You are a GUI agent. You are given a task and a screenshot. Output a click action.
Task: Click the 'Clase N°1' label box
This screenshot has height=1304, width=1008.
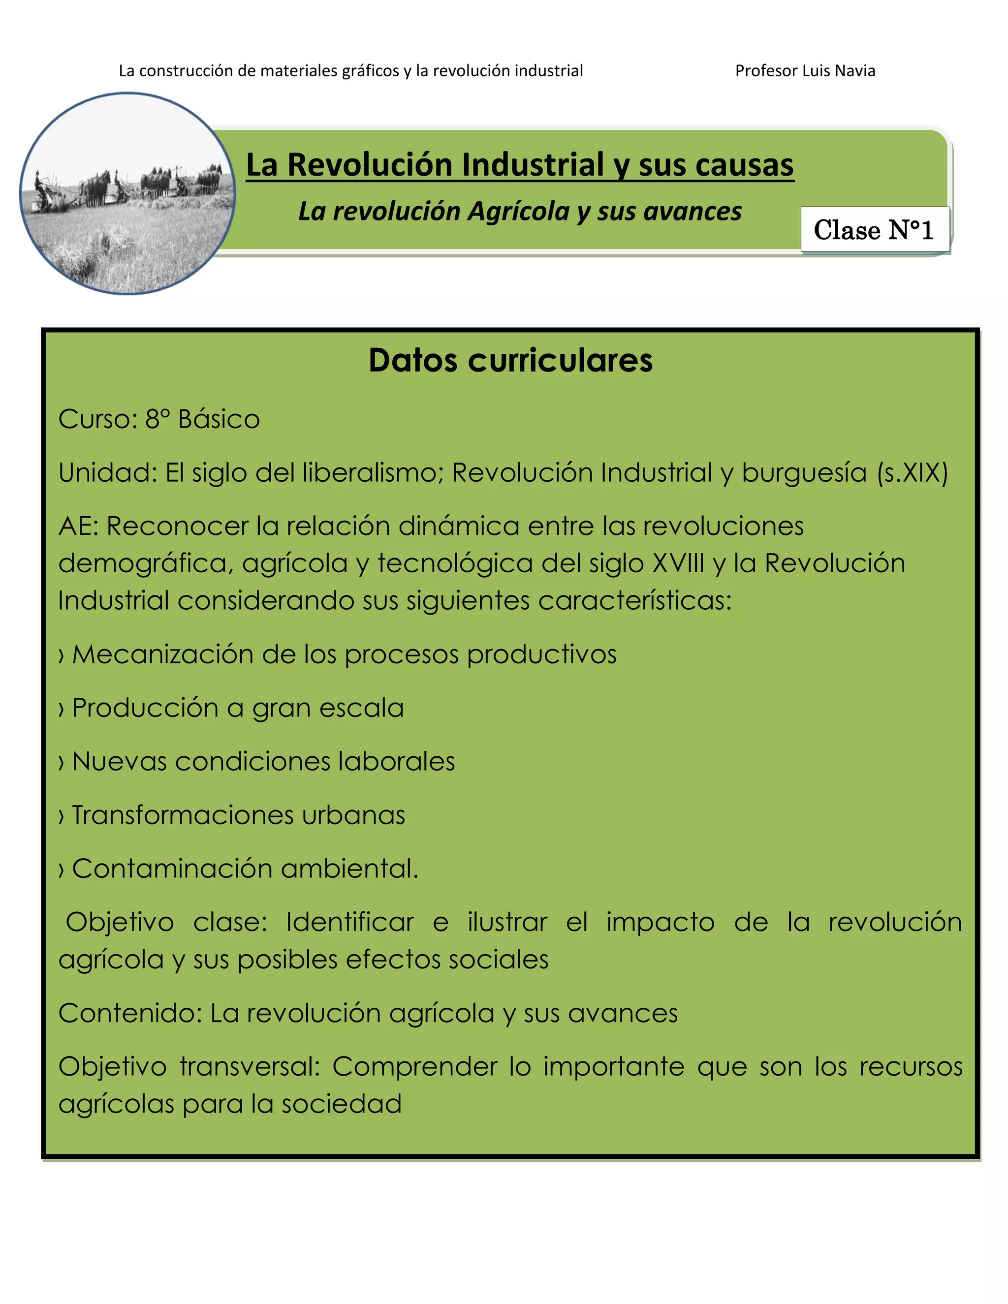(x=874, y=230)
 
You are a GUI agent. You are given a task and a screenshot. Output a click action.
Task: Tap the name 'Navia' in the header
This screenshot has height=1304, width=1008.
(x=857, y=70)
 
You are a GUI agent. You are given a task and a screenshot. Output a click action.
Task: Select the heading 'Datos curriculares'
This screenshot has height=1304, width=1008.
(x=510, y=360)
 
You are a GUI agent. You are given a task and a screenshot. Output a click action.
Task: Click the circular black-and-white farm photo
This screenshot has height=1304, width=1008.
(x=128, y=193)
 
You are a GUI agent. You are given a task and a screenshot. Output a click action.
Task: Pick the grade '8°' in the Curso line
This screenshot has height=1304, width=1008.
(x=157, y=419)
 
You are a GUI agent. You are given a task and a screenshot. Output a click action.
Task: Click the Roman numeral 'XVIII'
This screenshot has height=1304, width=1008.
(x=678, y=563)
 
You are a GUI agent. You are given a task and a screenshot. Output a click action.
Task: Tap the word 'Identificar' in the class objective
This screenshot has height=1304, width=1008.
(x=350, y=923)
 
